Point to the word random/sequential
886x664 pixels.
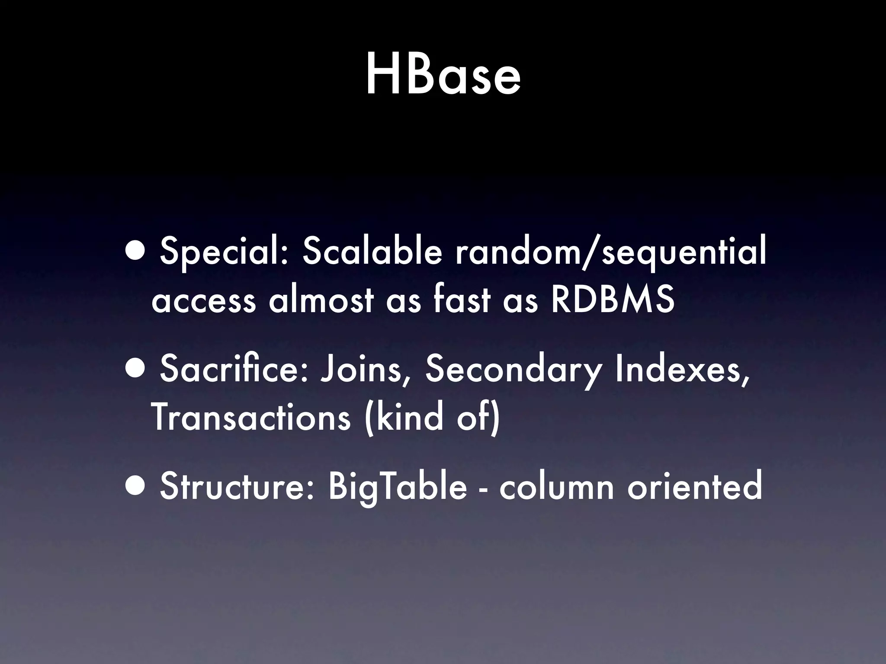[x=610, y=254]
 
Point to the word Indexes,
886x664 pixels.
[x=681, y=370]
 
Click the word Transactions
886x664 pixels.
[x=251, y=417]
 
